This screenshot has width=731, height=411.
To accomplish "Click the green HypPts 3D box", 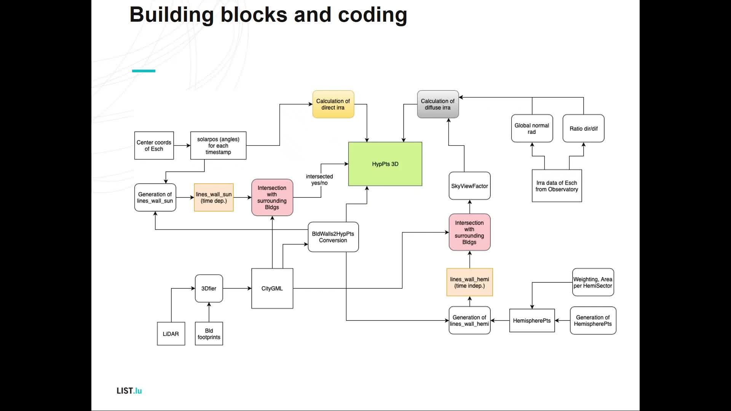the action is tap(385, 164).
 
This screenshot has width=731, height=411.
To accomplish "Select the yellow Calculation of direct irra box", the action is tap(333, 104).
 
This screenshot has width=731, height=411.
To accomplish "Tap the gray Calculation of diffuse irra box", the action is tap(438, 104).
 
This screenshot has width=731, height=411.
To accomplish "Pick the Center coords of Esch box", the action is tap(154, 146).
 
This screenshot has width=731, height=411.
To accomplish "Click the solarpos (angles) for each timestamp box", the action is tap(218, 146).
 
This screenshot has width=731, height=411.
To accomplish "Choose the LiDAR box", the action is tap(171, 334).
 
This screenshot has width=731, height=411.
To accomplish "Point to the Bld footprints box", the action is tap(209, 334).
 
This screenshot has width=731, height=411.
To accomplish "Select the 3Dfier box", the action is tap(209, 288).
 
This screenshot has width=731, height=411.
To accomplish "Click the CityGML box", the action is tap(272, 288).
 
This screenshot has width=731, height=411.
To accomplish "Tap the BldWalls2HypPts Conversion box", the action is tap(333, 237).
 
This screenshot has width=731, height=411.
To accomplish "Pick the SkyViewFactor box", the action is tap(469, 186).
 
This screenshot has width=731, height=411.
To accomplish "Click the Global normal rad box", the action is tap(532, 129).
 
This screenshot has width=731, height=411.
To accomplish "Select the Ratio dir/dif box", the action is tap(584, 129).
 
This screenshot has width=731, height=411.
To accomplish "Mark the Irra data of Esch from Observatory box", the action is tap(557, 186).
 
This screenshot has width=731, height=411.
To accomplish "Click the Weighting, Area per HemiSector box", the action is tap(593, 282).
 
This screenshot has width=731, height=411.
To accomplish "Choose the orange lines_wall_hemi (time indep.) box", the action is tap(469, 282).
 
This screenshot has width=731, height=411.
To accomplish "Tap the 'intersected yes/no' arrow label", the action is tap(319, 180).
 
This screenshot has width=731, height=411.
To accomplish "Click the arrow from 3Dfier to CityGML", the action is tap(237, 288).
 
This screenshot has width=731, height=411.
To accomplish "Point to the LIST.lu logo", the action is tap(129, 391).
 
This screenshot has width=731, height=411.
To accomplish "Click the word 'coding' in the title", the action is tap(372, 15).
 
